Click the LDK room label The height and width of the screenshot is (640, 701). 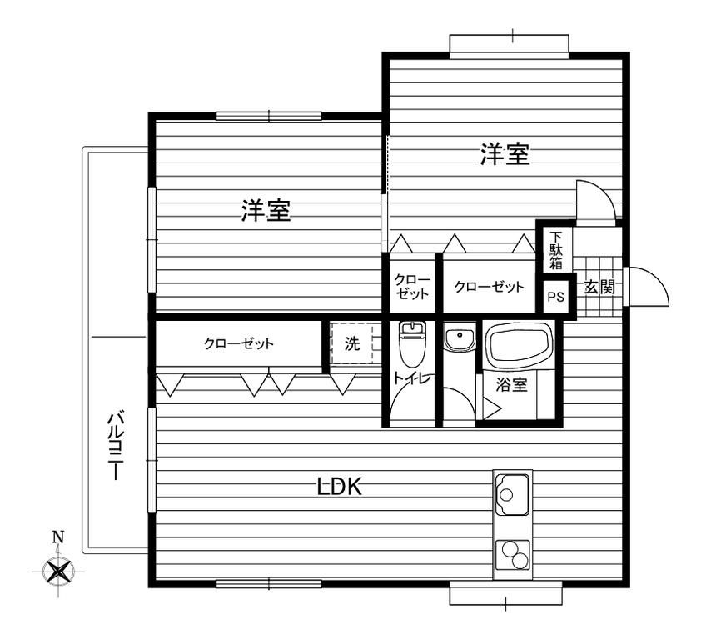(339, 487)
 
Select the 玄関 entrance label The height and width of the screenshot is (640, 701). (599, 287)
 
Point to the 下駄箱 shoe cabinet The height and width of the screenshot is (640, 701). (554, 250)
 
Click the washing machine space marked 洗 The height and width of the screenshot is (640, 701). (353, 343)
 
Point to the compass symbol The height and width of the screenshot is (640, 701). (58, 572)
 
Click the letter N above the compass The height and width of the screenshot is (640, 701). (58, 537)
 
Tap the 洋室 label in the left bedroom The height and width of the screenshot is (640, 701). (266, 212)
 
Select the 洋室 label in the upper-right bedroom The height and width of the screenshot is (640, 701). (505, 155)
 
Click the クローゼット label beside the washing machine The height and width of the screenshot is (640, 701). (239, 343)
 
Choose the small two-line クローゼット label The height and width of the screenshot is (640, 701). (411, 286)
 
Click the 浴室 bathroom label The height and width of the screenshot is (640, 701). (507, 386)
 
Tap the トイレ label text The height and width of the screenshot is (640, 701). (412, 377)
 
